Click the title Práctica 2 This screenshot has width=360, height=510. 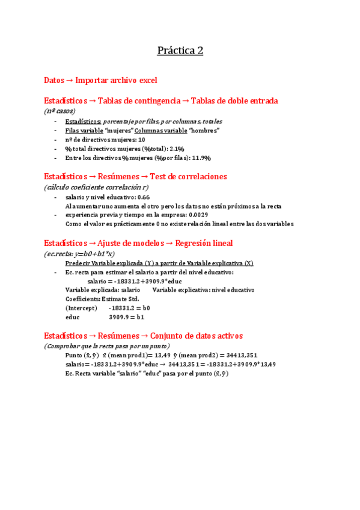click(180, 51)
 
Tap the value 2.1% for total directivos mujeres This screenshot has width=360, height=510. click(175, 149)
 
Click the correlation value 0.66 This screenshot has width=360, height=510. click(144, 197)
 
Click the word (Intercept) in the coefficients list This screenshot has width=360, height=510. click(79, 307)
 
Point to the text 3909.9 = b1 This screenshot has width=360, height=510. click(126, 316)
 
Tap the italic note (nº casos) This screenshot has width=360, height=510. click(59, 111)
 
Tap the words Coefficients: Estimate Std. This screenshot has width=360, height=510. click(102, 298)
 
